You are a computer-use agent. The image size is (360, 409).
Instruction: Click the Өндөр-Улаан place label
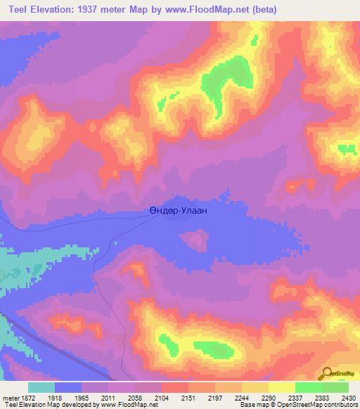pyautogui.click(x=179, y=209)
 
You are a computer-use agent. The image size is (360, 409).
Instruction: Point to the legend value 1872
pyautogui.click(x=27, y=397)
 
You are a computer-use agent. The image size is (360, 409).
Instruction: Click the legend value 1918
pyautogui.click(x=54, y=397)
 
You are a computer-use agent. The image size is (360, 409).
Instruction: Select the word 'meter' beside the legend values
pyautogui.click(x=9, y=397)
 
